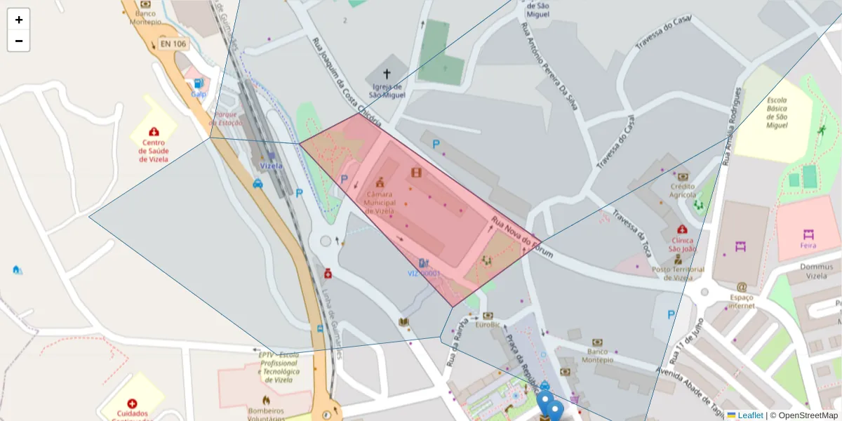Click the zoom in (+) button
[x=19, y=20]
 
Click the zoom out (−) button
[x=19, y=41]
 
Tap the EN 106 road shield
[x=173, y=44]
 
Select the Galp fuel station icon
[x=199, y=83]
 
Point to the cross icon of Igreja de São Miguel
[x=387, y=73]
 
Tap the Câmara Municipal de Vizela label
[x=379, y=202]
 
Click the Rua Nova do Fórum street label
[x=522, y=236]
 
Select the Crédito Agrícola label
[x=682, y=190]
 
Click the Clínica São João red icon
[x=682, y=229]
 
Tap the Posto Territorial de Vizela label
[x=678, y=273]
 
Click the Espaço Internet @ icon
[x=742, y=286]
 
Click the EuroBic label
[x=488, y=325]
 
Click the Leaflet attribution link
[x=749, y=415]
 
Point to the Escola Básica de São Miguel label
[x=777, y=112]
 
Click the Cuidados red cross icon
[x=133, y=403]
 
